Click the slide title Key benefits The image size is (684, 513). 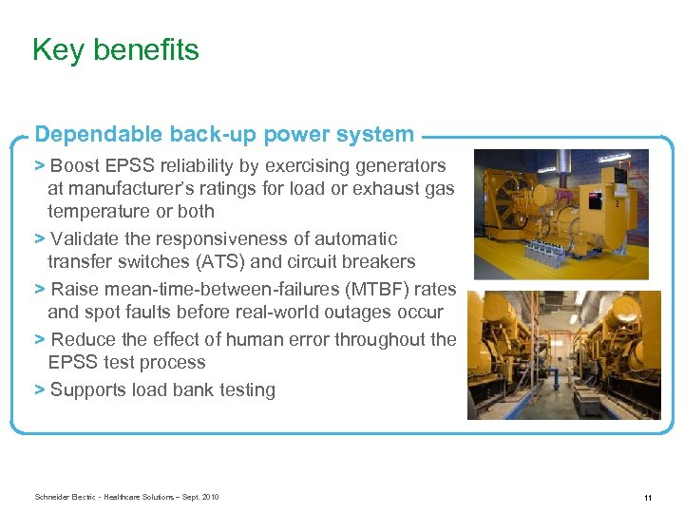tap(115, 49)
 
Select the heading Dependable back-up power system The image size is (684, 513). tap(224, 135)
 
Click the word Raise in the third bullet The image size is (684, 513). tap(74, 289)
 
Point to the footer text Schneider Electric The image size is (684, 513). tap(67, 497)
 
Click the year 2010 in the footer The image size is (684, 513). tap(210, 497)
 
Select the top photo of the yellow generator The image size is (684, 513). tap(560, 214)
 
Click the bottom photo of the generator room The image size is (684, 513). tap(563, 355)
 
